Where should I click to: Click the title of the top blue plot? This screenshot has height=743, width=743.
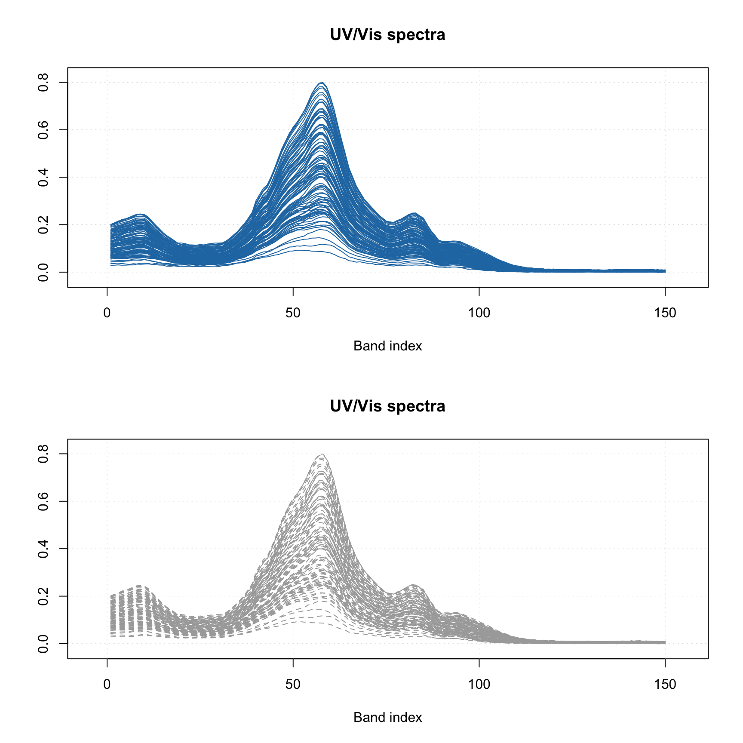click(387, 34)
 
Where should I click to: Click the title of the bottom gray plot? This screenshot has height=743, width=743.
click(387, 406)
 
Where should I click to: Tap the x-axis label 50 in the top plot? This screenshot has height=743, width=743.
click(293, 313)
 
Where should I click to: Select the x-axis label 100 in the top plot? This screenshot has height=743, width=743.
click(479, 313)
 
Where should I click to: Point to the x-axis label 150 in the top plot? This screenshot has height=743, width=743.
click(665, 313)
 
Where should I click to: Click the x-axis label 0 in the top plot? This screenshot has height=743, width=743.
click(107, 313)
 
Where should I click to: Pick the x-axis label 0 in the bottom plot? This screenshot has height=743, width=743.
click(107, 684)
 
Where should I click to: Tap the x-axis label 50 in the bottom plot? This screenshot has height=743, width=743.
click(293, 684)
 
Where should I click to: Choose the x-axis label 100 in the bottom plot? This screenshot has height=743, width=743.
click(479, 684)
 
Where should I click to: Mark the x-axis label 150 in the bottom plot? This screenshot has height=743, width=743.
click(665, 684)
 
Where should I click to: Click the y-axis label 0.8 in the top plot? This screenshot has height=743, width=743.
click(43, 83)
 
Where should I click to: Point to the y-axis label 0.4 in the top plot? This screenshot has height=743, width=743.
click(43, 177)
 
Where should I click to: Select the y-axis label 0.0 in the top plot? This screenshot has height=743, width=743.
click(43, 272)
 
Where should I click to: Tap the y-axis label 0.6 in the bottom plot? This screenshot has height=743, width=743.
click(43, 501)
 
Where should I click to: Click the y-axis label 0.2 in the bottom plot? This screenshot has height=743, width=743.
click(43, 596)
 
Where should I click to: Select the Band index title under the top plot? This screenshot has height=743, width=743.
click(387, 346)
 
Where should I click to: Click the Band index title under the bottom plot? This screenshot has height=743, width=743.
click(387, 717)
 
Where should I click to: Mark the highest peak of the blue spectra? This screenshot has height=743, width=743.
click(322, 83)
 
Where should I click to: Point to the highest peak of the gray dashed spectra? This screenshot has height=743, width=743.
click(322, 454)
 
